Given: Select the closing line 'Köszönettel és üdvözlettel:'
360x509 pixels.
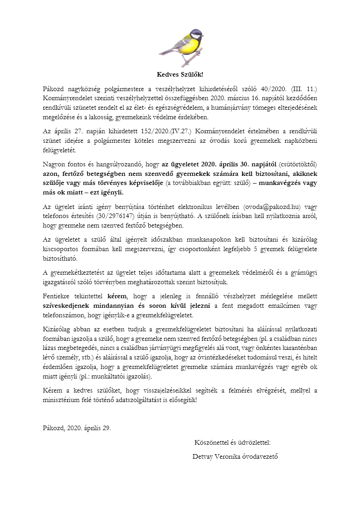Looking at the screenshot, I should [232, 442].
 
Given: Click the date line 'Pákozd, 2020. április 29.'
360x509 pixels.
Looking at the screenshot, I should [77, 427].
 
